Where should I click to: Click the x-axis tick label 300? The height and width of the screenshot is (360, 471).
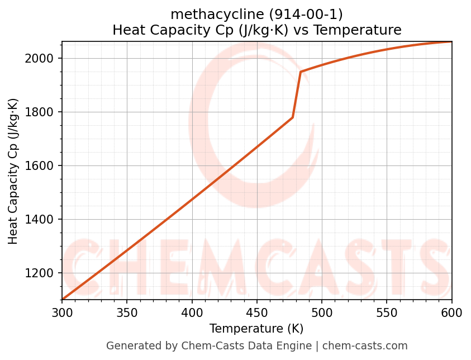tap(62, 312)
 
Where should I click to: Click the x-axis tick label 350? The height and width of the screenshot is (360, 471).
tap(127, 312)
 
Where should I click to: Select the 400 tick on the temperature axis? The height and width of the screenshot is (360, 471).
tap(192, 312)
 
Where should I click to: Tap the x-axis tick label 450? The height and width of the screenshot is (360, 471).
tap(257, 312)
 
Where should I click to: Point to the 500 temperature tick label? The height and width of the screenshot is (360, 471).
tap(322, 312)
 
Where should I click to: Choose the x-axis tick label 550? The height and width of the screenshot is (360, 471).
tap(387, 312)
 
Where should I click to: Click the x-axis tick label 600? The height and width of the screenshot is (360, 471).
tap(451, 312)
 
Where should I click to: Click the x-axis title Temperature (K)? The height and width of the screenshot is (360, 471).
tap(256, 329)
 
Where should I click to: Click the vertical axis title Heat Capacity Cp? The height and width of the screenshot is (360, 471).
tap(13, 171)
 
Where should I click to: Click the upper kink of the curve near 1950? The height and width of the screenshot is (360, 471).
tap(301, 72)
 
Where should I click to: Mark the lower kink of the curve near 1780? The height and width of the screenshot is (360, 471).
tap(293, 117)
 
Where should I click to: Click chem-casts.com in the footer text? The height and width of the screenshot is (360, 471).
tap(365, 346)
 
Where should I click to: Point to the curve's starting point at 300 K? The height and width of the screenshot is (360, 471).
tap(63, 299)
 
